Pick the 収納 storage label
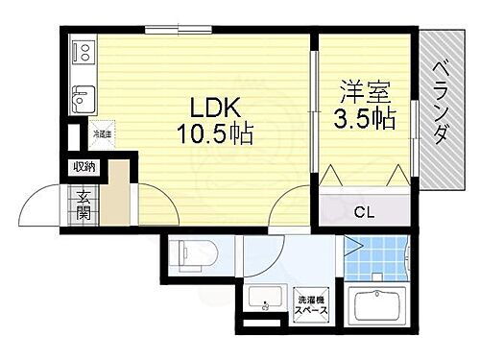click(84, 167)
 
